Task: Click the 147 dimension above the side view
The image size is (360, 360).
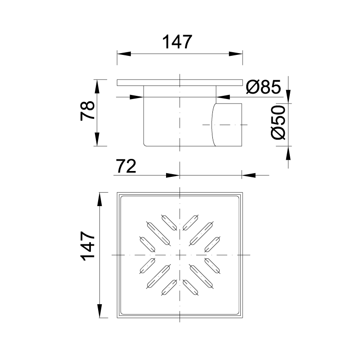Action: point(177,42)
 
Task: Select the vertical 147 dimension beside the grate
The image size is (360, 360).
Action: point(88,246)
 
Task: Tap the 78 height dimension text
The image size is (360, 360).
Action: point(87,111)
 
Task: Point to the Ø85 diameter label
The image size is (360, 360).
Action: point(263,87)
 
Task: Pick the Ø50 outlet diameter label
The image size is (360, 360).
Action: point(278,122)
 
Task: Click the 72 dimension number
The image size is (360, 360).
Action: point(126,166)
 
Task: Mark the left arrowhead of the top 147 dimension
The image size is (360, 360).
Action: point(124,54)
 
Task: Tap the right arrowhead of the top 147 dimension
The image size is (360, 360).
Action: point(236,54)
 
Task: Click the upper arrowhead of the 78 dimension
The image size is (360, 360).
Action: point(97,86)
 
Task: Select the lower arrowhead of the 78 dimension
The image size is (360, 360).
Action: point(97,139)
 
